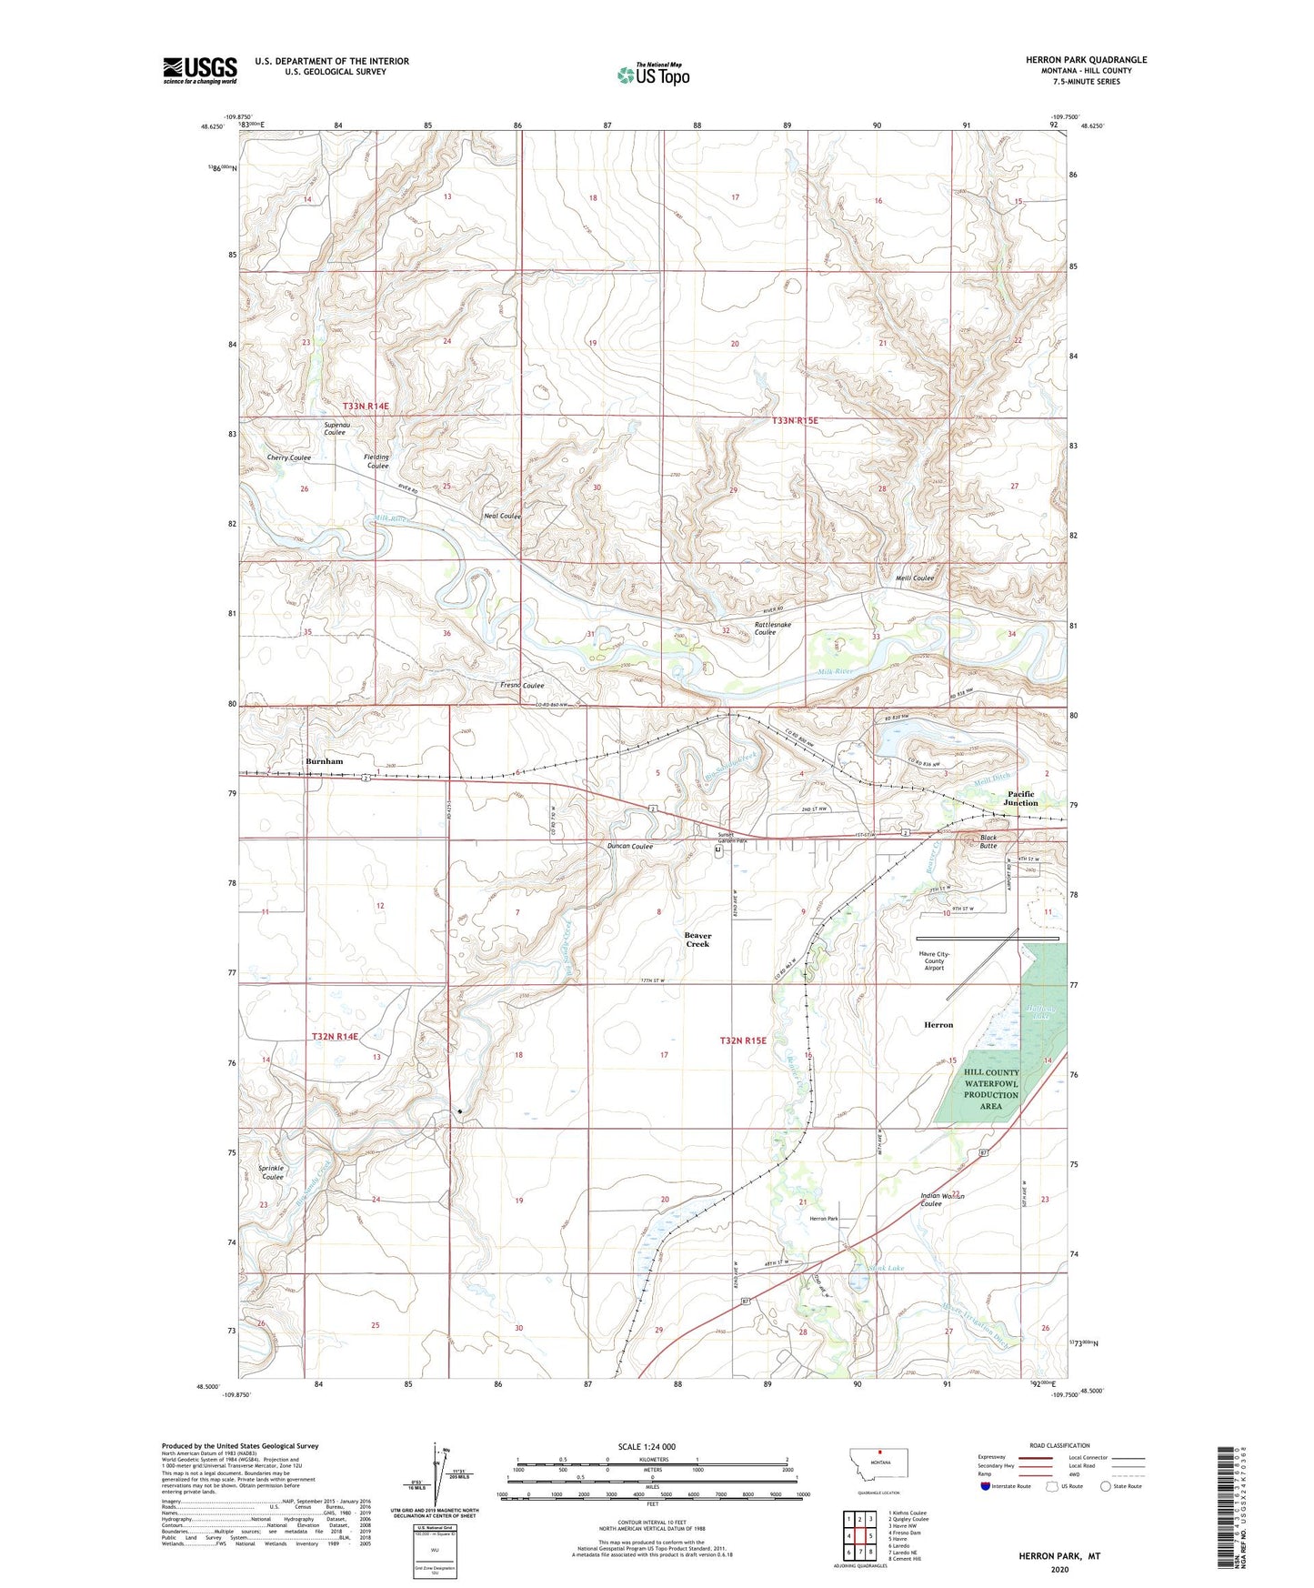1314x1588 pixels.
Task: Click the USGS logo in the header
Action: coord(199,70)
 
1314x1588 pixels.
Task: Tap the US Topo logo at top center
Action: coord(653,75)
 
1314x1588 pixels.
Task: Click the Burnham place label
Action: coord(325,761)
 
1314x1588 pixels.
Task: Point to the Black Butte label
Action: coord(988,841)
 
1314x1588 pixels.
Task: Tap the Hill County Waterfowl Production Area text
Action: coord(991,1089)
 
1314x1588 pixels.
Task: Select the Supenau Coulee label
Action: coord(335,428)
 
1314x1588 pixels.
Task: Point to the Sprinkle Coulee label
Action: coord(272,1172)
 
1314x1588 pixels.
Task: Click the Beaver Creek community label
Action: coord(697,940)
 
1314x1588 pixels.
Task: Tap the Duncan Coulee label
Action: coord(629,846)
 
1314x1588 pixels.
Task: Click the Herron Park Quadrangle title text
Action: coord(1086,60)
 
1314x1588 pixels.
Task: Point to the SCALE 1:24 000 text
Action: coord(646,1446)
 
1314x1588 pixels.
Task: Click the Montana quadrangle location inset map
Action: coord(878,1468)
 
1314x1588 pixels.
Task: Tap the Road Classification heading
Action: coord(1059,1445)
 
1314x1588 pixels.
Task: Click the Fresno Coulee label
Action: coord(522,686)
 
